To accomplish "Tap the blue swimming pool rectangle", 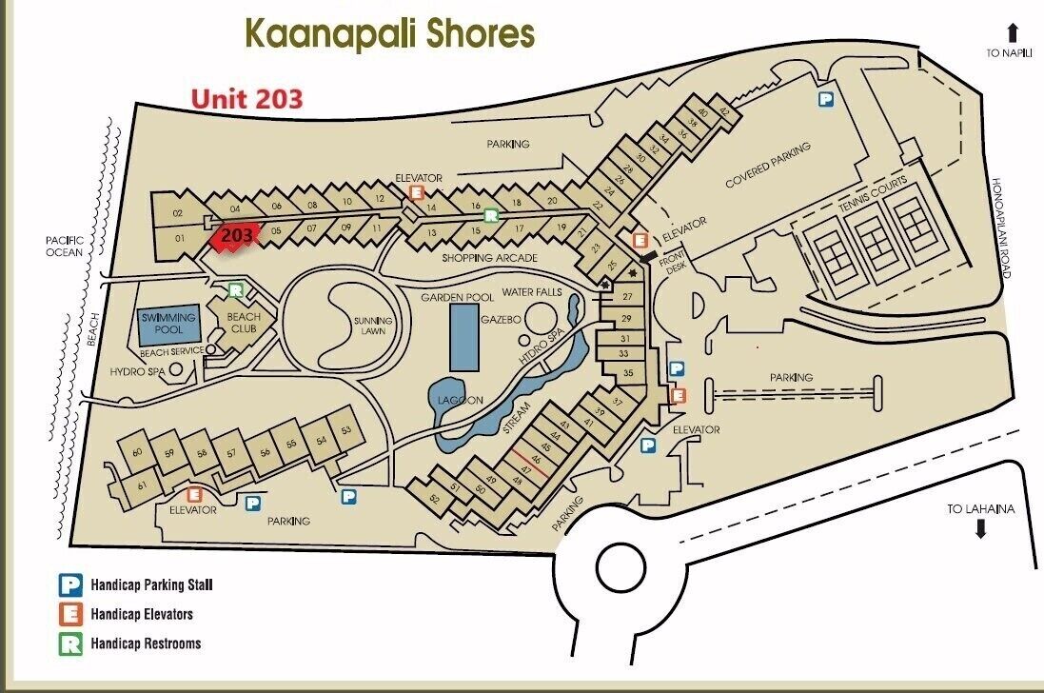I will click(x=169, y=326).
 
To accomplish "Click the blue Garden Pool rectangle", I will click(x=464, y=338).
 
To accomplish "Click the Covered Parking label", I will click(x=768, y=166).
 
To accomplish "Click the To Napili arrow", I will click(x=1014, y=32).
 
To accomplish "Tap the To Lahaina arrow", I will click(x=980, y=528).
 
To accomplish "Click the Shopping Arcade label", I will click(x=489, y=258).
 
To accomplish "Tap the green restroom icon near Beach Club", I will click(x=236, y=289).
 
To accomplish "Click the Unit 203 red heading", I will click(x=246, y=98).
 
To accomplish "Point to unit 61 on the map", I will click(x=143, y=485).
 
